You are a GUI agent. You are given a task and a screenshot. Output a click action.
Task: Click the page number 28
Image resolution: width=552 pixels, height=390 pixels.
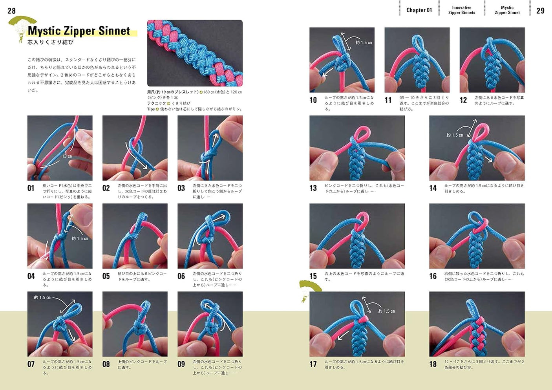pyautogui.click(x=12, y=11)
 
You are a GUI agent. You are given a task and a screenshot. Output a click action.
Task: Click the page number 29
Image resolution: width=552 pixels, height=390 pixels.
pyautogui.click(x=540, y=11)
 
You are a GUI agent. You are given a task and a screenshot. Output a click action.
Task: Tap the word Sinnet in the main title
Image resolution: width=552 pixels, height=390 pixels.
pyautogui.click(x=114, y=31)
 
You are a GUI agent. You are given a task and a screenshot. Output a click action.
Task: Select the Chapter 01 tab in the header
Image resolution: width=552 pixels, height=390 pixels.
pyautogui.click(x=419, y=10)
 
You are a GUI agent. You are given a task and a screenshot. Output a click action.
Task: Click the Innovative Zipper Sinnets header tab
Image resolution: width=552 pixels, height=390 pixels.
pyautogui.click(x=462, y=10)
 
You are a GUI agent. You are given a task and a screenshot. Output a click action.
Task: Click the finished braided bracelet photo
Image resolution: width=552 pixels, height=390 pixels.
pyautogui.click(x=195, y=53)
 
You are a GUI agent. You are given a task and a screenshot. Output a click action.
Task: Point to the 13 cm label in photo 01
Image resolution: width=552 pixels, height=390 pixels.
pyautogui.click(x=67, y=156)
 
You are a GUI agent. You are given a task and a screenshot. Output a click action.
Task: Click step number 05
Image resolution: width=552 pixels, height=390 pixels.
pyautogui.click(x=106, y=276)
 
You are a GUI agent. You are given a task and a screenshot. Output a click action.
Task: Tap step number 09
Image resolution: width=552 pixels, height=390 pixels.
pyautogui.click(x=181, y=364)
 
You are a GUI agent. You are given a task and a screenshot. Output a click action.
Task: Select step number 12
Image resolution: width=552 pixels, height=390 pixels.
pyautogui.click(x=463, y=100)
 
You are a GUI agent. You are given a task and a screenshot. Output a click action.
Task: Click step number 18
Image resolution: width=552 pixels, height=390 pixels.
pyautogui.click(x=433, y=364)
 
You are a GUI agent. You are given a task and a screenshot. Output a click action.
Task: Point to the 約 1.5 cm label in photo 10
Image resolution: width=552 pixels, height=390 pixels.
pyautogui.click(x=364, y=42)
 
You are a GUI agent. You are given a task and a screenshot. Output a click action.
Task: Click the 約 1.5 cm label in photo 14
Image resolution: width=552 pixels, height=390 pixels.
pyautogui.click(x=454, y=135)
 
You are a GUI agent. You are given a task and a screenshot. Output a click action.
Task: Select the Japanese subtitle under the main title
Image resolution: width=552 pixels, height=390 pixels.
pyautogui.click(x=51, y=42)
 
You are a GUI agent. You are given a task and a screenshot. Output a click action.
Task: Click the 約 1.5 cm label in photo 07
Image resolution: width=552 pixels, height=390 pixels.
pyautogui.click(x=42, y=298)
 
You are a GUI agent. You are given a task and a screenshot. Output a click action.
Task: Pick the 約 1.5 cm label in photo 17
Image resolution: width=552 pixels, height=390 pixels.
pyautogui.click(x=386, y=311)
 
